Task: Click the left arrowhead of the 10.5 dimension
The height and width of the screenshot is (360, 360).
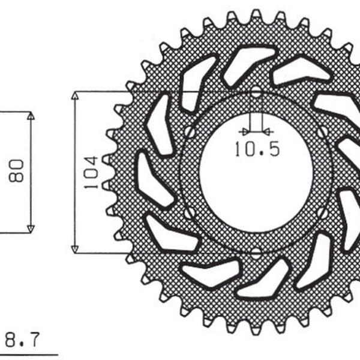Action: tap(242, 130)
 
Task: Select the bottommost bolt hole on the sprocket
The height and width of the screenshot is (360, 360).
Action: tap(256, 253)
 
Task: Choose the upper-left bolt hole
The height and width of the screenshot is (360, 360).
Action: tap(190, 131)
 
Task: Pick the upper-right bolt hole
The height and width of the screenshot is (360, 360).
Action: tap(323, 131)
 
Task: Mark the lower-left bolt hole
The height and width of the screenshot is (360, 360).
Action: tap(190, 212)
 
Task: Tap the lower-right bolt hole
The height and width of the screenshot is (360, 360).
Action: tap(323, 212)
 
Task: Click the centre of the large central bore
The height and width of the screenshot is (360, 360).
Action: tap(256, 172)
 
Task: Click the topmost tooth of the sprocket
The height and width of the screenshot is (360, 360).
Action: tap(257, 13)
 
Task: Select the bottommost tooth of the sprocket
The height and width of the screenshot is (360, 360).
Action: tap(257, 332)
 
